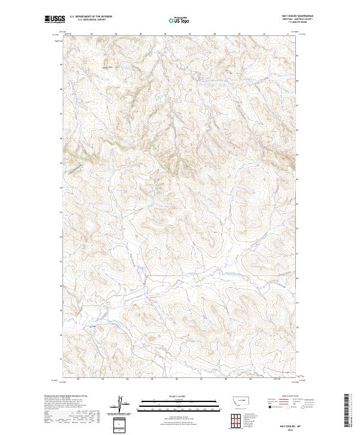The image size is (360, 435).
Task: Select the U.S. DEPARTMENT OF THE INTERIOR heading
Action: [x=91, y=16]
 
